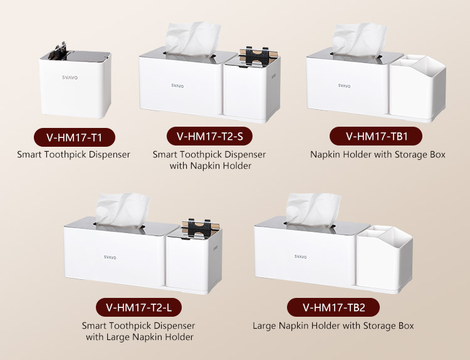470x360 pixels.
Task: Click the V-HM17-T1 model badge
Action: [75, 137]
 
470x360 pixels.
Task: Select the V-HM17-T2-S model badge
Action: [209, 136]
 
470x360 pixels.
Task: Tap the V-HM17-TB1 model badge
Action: [376, 136]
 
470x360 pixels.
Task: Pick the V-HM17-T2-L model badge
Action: [138, 307]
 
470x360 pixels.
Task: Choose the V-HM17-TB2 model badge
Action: [333, 307]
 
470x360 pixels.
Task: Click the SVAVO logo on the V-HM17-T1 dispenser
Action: [70, 77]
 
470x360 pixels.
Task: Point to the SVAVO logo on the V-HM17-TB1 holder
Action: [345, 86]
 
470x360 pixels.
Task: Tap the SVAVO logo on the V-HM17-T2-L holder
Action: [110, 257]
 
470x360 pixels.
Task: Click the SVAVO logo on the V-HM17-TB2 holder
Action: [300, 257]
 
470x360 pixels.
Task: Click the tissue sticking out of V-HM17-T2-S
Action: [193, 39]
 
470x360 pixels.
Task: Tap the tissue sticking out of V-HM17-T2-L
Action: [122, 210]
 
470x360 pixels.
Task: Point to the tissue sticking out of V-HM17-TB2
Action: [313, 210]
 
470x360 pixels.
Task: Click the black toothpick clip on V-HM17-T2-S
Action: [257, 56]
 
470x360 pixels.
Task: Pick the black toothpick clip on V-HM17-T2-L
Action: [200, 228]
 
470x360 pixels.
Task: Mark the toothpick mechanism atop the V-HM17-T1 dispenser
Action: [61, 52]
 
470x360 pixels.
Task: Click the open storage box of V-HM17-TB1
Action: [417, 88]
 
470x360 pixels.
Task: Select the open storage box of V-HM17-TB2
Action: [385, 259]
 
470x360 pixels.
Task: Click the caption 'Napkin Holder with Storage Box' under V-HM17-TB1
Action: [377, 154]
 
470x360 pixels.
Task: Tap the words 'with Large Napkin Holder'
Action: [140, 337]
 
